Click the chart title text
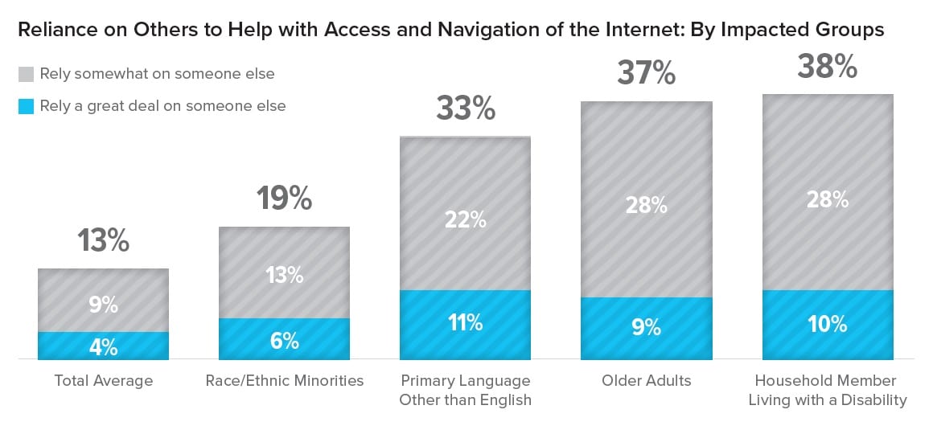[x=450, y=31]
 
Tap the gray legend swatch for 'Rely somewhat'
[x=26, y=74]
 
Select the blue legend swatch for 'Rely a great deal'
[x=26, y=105]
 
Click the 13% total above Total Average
[x=103, y=240]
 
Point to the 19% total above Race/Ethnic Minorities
[x=284, y=198]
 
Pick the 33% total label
[x=465, y=108]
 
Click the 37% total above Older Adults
[x=646, y=73]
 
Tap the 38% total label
[x=827, y=67]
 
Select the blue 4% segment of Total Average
[x=103, y=346]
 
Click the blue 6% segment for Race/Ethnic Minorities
[x=284, y=339]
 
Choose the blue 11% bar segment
[x=465, y=325]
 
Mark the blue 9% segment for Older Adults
[x=646, y=329]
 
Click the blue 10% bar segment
[x=827, y=325]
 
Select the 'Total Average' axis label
[x=103, y=380]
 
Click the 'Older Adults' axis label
[x=646, y=380]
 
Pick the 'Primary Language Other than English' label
[x=465, y=390]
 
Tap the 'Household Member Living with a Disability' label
[x=827, y=390]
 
